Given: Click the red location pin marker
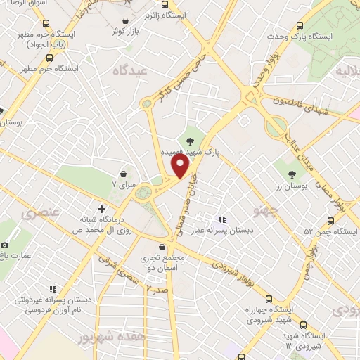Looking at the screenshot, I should [x=180, y=166].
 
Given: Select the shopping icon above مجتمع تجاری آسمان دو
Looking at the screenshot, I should [x=162, y=247].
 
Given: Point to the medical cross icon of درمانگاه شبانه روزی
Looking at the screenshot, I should [x=102, y=209].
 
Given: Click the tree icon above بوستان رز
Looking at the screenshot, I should [x=290, y=172].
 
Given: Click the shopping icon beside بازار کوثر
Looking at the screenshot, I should [x=126, y=22].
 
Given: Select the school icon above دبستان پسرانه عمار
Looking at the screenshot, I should [x=223, y=219].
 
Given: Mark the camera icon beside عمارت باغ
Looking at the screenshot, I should [x=6, y=244].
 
